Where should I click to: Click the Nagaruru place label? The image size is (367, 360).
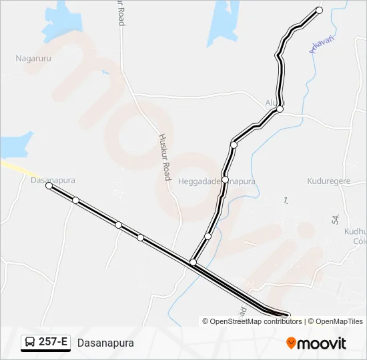(x=34, y=59)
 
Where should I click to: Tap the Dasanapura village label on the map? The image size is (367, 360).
(x=52, y=180)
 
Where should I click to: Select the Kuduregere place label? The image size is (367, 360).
(x=328, y=181)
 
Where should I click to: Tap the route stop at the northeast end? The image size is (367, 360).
(x=319, y=10)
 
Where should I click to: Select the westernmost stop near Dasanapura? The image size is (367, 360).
(x=49, y=186)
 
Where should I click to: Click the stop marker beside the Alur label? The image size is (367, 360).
(x=280, y=109)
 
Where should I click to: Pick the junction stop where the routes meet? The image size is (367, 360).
(x=193, y=263)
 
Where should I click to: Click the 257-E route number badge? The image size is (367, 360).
(x=45, y=343)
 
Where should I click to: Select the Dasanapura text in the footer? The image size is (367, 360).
(x=105, y=343)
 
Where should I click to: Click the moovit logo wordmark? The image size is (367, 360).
(x=322, y=343)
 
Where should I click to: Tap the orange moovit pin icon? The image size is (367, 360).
(x=291, y=343)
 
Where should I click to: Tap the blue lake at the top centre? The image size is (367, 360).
(x=224, y=23)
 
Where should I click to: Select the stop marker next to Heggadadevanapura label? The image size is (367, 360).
(x=226, y=180)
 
